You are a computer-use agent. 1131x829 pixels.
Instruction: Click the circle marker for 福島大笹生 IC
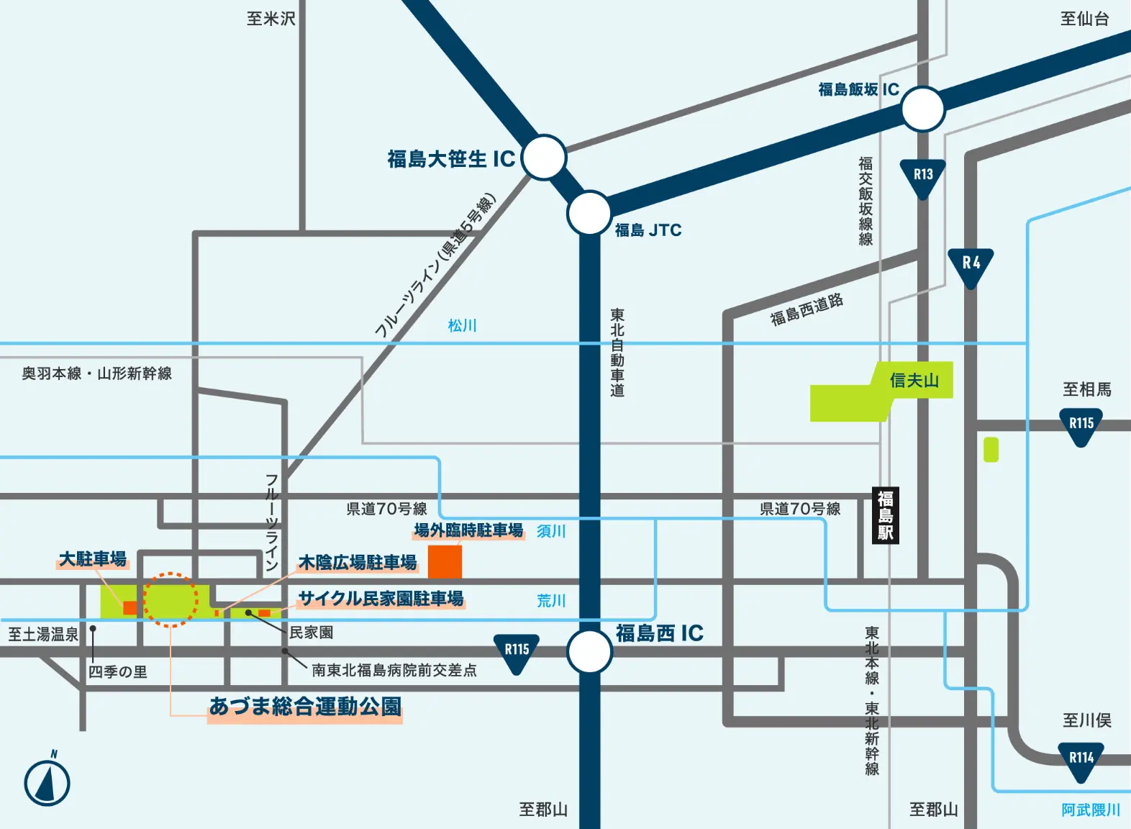(x=543, y=157)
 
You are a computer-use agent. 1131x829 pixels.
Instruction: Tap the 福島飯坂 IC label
(x=858, y=89)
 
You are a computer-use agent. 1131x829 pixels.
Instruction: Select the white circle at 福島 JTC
(x=589, y=213)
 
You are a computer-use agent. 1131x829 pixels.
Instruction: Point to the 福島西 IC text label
(x=659, y=633)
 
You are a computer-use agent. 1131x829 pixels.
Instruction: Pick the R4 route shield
(x=971, y=265)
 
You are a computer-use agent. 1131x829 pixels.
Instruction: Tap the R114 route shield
(x=1081, y=760)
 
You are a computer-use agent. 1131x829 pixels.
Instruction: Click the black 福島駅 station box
(x=886, y=515)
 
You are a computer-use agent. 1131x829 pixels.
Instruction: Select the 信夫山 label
(x=914, y=380)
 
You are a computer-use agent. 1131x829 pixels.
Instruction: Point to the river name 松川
(x=462, y=326)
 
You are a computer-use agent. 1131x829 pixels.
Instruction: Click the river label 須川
(x=551, y=531)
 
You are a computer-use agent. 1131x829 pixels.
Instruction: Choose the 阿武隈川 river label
(x=1091, y=810)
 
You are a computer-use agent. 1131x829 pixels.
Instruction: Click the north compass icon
(x=47, y=782)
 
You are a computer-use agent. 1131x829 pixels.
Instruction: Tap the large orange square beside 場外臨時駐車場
(x=445, y=561)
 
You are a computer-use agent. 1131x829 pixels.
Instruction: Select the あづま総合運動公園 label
(x=305, y=707)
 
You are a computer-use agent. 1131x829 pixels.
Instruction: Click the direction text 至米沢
(x=271, y=19)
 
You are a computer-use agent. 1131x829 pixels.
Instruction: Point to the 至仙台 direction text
(x=1084, y=19)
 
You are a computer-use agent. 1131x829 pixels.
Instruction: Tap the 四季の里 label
(x=118, y=671)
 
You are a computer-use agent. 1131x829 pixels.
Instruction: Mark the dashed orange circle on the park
(x=171, y=599)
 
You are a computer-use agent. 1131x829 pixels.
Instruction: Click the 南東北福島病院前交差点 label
(x=394, y=670)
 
